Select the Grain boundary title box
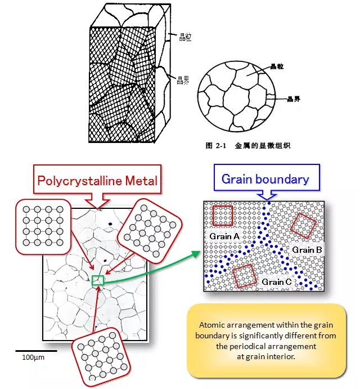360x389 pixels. (x=265, y=180)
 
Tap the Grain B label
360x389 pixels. (x=307, y=249)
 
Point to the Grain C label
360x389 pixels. (x=276, y=281)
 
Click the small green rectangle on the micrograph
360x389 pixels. (x=98, y=280)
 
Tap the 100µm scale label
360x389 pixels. (x=33, y=357)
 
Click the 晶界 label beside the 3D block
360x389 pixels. (x=183, y=80)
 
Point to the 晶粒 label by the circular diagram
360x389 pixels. (x=277, y=67)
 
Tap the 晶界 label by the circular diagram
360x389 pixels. (x=293, y=100)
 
